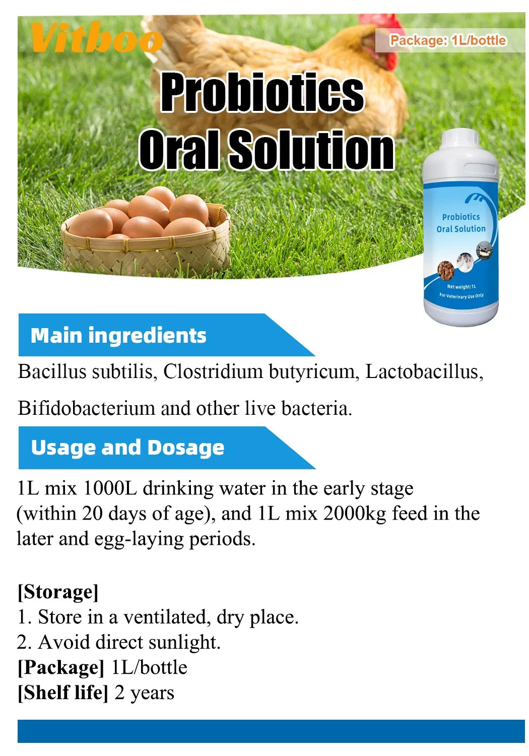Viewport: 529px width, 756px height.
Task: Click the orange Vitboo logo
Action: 96,38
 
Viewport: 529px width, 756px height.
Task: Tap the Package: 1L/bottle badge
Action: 448,40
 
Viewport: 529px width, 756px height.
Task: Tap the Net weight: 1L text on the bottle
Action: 461,286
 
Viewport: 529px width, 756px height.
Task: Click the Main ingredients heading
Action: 118,336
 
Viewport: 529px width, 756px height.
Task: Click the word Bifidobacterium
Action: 86,408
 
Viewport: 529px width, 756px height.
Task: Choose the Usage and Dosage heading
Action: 127,448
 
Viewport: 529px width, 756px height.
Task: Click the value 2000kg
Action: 355,514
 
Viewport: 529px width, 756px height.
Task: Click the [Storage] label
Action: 58,592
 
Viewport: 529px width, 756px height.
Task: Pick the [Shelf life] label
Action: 63,692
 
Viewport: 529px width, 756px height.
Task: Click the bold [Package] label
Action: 61,667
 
